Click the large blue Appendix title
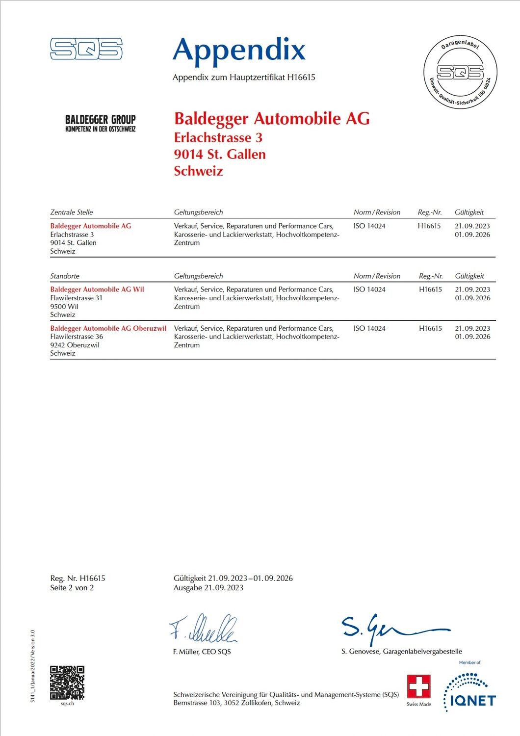coord(239,50)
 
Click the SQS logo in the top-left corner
coord(86,49)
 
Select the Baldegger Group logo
coord(101,123)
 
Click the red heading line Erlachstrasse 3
coord(218,137)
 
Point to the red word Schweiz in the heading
coord(198,171)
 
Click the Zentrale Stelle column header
coord(72,212)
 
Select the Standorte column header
coord(65,276)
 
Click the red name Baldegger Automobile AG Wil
coord(97,289)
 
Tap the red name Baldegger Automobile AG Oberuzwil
coord(108,328)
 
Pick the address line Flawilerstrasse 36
coord(77,337)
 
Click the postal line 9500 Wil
coord(64,306)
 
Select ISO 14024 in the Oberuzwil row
coord(369,328)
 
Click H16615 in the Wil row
coord(430,289)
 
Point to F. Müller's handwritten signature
coord(204,628)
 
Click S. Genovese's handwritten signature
coord(392,628)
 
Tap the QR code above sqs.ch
coord(67,683)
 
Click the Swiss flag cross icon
coord(418,686)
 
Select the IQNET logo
coord(469,692)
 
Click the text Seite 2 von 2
coord(72,588)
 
